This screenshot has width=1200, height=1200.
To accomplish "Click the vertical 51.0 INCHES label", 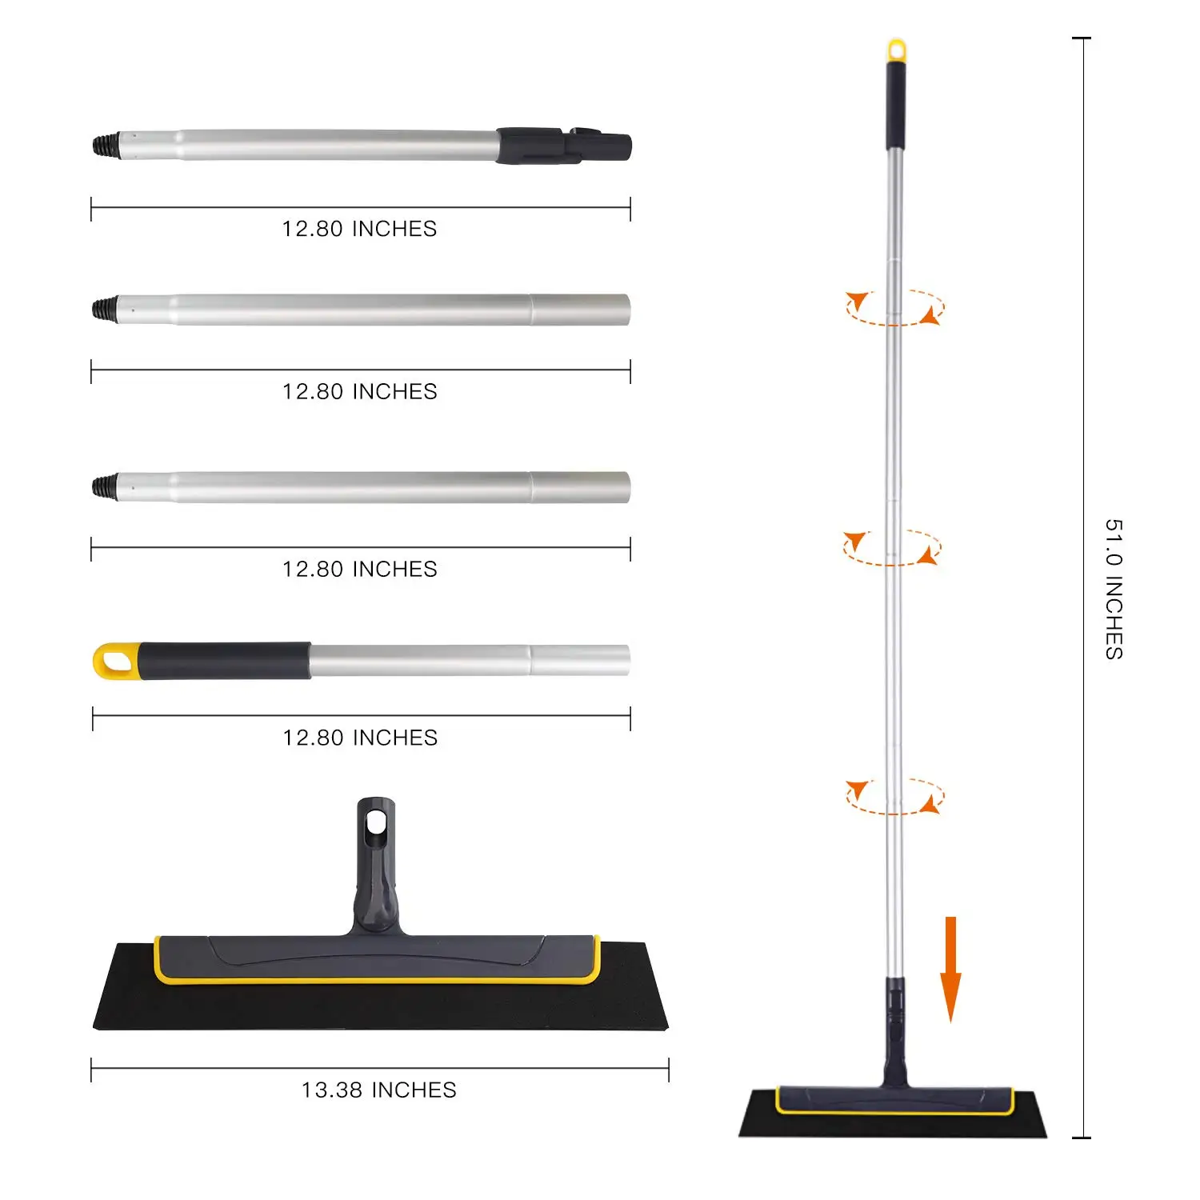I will coord(1114,589).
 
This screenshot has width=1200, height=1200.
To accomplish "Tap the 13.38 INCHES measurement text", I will coord(378,1090).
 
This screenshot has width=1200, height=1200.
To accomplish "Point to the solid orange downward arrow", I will coord(950,968).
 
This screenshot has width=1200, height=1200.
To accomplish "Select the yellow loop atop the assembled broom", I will coord(897,50).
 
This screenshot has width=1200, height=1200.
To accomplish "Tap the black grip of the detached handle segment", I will coord(224,661).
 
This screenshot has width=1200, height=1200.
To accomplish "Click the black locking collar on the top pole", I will coord(560,146).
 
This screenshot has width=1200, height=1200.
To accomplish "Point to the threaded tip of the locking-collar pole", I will coord(102,146).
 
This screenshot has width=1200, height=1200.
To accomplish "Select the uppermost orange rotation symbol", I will coord(895,308).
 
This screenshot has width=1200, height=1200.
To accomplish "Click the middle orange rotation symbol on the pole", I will coord(892,548).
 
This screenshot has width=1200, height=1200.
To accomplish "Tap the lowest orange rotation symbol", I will coord(895,797).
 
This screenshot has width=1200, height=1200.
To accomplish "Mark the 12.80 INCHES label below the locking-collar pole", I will coord(359,229).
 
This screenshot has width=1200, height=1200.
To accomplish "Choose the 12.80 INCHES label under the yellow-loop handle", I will coord(360,738).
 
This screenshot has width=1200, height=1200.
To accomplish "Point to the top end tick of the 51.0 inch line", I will coord(1082,38).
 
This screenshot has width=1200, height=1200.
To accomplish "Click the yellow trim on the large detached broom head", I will coord(376,978).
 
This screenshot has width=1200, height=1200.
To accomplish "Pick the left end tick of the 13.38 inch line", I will coord(92,1070).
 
